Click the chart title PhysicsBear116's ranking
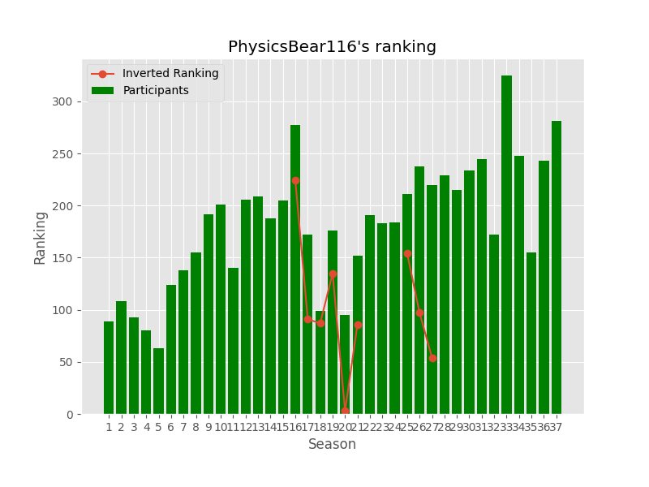tap(332, 47)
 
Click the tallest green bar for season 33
tap(506, 243)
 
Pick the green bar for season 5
tap(158, 381)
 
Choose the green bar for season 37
tap(557, 268)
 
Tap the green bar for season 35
tap(531, 333)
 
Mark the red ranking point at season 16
tap(295, 180)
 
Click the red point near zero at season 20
tap(345, 412)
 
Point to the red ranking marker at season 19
tap(333, 274)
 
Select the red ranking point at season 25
tap(407, 254)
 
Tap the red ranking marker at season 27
tap(432, 358)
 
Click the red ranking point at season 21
tap(358, 325)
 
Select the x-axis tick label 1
tap(109, 427)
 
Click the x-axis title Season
tap(332, 445)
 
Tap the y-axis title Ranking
tap(41, 237)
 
